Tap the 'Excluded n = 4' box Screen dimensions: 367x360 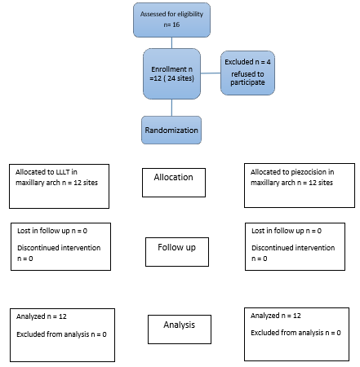(x=250, y=72)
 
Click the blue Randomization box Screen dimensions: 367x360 (x=171, y=129)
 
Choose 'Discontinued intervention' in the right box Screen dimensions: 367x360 (x=291, y=247)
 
